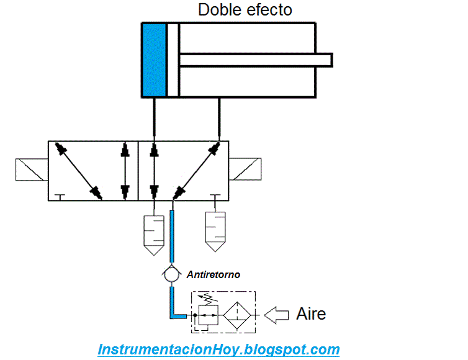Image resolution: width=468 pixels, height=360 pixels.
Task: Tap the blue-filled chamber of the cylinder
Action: click(x=154, y=60)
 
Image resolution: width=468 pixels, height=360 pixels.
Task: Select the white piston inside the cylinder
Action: click(x=173, y=60)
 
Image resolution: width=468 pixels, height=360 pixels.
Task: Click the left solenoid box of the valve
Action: click(x=32, y=169)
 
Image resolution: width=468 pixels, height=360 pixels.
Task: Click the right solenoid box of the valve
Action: click(x=245, y=169)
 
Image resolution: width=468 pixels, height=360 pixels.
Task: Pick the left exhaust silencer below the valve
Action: click(x=154, y=235)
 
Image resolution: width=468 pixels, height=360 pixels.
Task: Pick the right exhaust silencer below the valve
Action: click(x=215, y=232)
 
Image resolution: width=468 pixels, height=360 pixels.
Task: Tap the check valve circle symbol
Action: click(x=171, y=274)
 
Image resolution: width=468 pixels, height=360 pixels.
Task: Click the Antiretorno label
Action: click(x=214, y=274)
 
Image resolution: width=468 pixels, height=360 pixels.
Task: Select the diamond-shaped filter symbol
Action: click(x=237, y=315)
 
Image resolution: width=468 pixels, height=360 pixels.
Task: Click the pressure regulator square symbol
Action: click(x=209, y=315)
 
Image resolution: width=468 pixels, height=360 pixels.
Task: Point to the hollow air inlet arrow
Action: click(x=276, y=315)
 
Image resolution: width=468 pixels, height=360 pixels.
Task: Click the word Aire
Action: click(x=311, y=313)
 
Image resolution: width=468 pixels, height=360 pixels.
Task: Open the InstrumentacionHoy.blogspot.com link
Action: click(x=218, y=349)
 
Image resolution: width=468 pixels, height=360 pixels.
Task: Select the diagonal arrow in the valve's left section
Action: click(x=79, y=171)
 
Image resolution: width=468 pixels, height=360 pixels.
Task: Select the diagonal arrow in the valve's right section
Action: click(x=196, y=171)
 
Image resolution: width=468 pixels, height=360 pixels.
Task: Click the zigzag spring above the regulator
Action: click(x=209, y=298)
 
